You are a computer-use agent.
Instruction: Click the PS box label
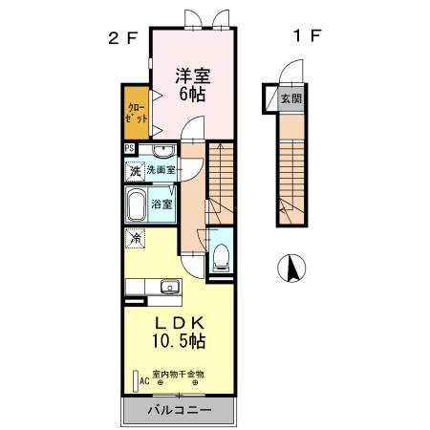coord(129,148)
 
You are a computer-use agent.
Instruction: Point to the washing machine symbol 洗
coord(135,171)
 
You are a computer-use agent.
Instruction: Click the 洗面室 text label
coord(161,170)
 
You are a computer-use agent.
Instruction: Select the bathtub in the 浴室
coord(135,205)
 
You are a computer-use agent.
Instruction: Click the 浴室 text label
coord(162,204)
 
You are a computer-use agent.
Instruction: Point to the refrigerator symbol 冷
coord(136,238)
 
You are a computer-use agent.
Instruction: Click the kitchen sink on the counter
coord(169,286)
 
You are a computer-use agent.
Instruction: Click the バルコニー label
coord(179,411)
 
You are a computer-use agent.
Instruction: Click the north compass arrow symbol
coord(290,269)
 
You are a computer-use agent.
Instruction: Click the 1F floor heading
coord(305,39)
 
